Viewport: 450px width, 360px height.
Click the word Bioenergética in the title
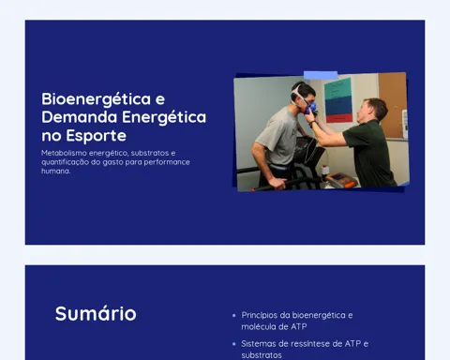tap(97, 99)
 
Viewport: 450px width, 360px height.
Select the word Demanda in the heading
tap(80, 117)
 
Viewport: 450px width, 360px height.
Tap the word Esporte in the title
tap(97, 136)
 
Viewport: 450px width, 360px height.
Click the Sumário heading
tap(96, 313)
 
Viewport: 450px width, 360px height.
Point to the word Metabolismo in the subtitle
tap(64, 153)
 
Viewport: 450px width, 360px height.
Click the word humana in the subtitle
tap(56, 171)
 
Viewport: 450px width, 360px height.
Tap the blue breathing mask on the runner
tap(311, 107)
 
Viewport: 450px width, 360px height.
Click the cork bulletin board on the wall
tap(393, 105)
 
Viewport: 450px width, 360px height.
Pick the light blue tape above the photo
tap(321, 75)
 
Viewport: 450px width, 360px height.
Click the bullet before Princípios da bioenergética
tap(234, 316)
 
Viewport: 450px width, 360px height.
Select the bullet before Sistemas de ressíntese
tap(234, 344)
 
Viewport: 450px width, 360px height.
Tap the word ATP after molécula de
tap(299, 327)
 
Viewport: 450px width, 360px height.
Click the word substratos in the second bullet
tap(262, 355)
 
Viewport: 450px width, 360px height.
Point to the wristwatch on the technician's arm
tap(312, 124)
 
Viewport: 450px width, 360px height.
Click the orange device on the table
tap(341, 180)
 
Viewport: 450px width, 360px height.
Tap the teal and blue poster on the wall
tap(338, 100)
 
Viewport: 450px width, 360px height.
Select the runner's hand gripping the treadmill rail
tap(277, 183)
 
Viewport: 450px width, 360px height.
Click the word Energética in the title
tap(164, 118)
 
